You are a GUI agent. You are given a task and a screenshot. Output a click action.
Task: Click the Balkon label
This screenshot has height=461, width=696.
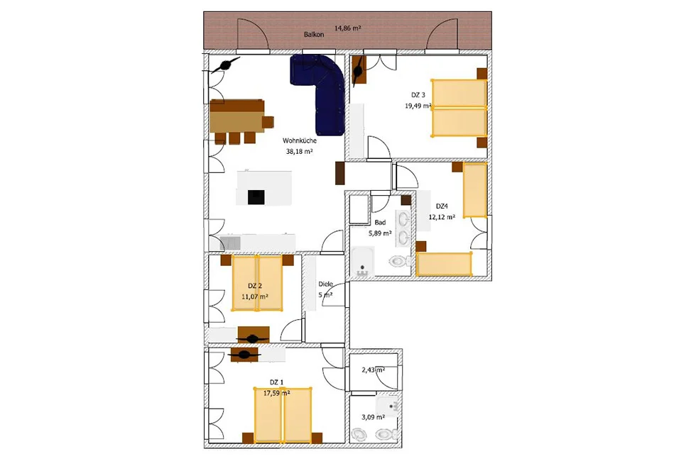314,34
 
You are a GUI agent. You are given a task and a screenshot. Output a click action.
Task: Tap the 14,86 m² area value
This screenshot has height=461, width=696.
347,28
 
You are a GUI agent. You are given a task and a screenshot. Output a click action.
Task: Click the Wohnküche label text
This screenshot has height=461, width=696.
300,140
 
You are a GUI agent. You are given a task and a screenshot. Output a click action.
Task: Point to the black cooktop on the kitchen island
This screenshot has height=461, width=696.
256,197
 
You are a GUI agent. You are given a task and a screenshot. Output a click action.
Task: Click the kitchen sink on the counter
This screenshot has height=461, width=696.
230,243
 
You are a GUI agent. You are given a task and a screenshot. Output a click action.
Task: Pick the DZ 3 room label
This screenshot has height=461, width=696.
418,95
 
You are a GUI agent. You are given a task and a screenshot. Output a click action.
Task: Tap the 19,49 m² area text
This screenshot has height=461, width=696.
418,106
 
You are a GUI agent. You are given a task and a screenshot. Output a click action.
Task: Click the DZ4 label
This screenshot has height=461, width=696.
442,206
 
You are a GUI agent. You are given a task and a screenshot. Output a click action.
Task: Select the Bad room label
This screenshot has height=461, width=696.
380,223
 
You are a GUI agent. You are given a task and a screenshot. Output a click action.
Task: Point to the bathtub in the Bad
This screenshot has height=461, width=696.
363,262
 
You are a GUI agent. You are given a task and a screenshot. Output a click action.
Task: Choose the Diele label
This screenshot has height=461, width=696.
325,284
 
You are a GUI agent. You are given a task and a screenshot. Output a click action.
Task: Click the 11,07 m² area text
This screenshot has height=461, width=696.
255,296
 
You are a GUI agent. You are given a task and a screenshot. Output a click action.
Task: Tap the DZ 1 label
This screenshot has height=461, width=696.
276,382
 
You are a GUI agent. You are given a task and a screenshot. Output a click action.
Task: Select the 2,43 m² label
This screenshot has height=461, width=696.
374,370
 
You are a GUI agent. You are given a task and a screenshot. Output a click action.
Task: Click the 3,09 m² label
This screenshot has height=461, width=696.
373,417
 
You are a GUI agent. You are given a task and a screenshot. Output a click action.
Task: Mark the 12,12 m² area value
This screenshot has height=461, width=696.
442,217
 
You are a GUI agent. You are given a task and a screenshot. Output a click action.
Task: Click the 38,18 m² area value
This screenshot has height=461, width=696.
300,151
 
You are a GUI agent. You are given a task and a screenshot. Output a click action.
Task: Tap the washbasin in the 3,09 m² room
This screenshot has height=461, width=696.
388,406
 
